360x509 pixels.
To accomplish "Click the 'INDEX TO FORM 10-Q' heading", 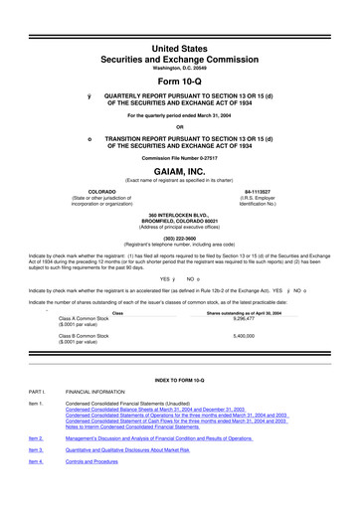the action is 179,381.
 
